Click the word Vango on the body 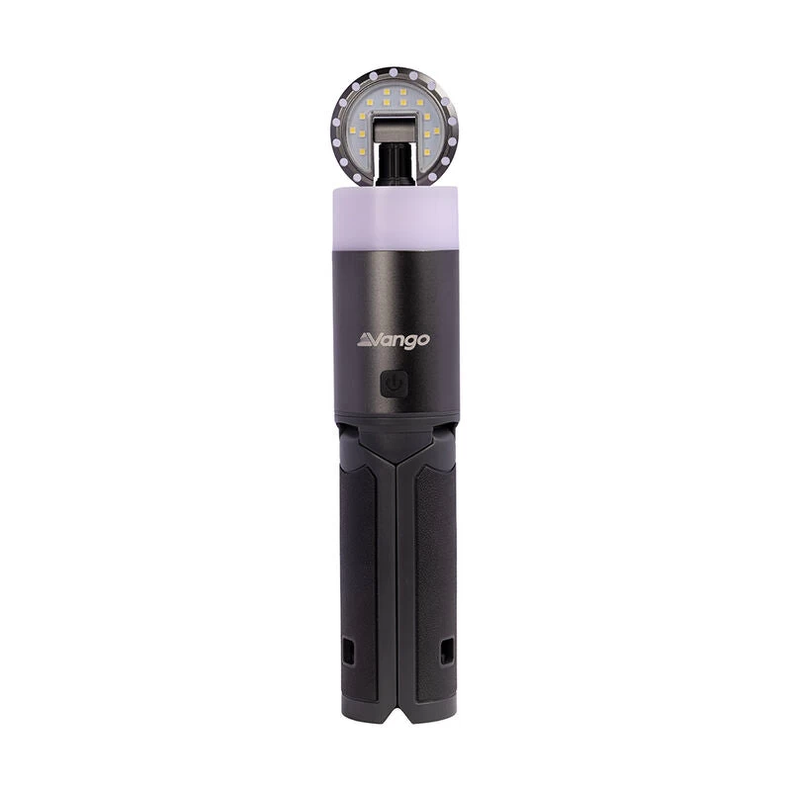click(x=394, y=340)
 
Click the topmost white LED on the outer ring click(x=395, y=70)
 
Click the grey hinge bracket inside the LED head click(x=394, y=129)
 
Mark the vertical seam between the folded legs click(x=395, y=593)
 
